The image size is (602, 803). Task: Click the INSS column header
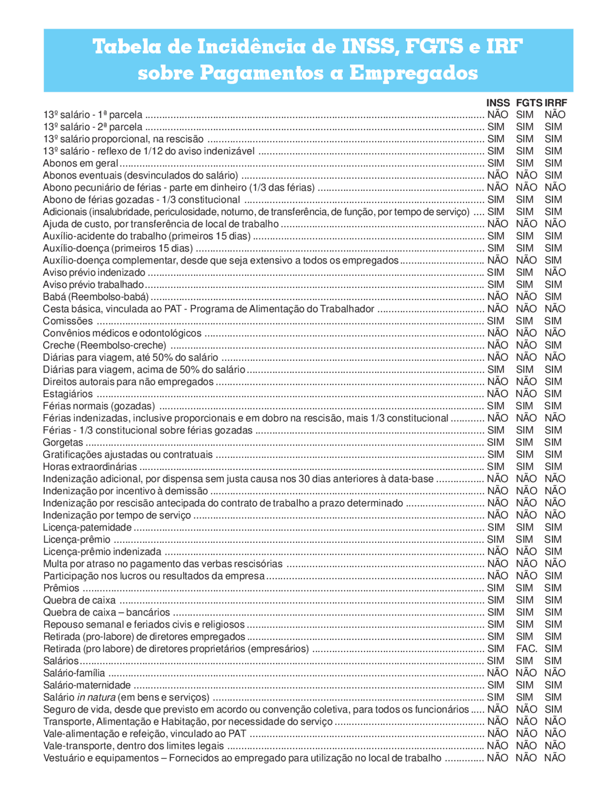pyautogui.click(x=498, y=103)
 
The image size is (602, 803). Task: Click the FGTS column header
pyautogui.click(x=529, y=103)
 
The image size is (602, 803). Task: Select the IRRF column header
pyautogui.click(x=555, y=103)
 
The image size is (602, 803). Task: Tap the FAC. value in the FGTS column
pyautogui.click(x=526, y=649)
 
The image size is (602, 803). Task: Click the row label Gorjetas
pyautogui.click(x=63, y=443)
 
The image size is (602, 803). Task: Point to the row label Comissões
pyautogui.click(x=68, y=321)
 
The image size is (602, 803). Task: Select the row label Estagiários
pyautogui.click(x=68, y=394)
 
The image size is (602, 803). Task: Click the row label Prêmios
pyautogui.click(x=61, y=588)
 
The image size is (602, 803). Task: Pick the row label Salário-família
pyautogui.click(x=74, y=673)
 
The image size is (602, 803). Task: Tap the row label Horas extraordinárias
pyautogui.click(x=90, y=467)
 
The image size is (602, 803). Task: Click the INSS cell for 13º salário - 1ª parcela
pyautogui.click(x=498, y=115)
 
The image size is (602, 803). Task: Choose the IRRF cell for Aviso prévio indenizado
pyautogui.click(x=555, y=272)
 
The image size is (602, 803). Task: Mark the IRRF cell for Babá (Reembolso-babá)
pyautogui.click(x=553, y=297)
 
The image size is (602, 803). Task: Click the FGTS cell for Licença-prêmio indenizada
pyautogui.click(x=526, y=552)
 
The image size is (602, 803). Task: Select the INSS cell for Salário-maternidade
pyautogui.click(x=496, y=685)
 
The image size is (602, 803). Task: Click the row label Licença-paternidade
pyautogui.click(x=87, y=527)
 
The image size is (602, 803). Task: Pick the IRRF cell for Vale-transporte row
pyautogui.click(x=555, y=746)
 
